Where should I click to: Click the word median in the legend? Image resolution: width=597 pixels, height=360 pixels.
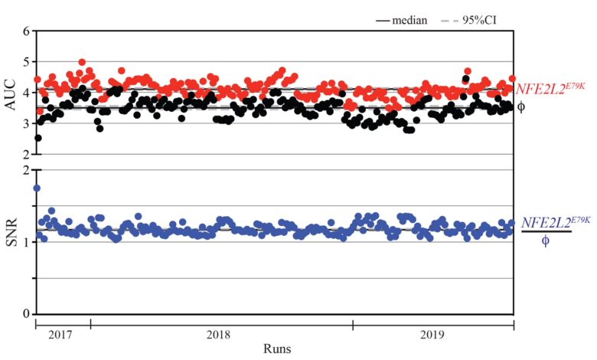(409, 20)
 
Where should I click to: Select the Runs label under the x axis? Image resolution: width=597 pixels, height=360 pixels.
(276, 349)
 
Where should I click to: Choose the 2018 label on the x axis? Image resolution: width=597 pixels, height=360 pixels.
(221, 335)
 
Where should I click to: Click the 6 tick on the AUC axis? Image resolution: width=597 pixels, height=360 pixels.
(26, 31)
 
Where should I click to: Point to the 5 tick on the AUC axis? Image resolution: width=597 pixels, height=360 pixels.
(26, 62)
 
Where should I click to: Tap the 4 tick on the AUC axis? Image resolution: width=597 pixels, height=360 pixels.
(26, 93)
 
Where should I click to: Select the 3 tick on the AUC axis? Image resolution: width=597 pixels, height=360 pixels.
(26, 123)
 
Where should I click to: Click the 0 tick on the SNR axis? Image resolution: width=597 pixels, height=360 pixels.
(26, 314)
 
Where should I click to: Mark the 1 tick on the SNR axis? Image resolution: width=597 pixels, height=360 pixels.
(26, 242)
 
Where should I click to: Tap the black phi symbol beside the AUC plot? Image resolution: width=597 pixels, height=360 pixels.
(521, 106)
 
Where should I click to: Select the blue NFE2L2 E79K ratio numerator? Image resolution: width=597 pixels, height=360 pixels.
(556, 222)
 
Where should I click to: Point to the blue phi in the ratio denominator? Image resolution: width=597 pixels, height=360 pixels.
(546, 241)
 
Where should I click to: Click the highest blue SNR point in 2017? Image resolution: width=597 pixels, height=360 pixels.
(37, 188)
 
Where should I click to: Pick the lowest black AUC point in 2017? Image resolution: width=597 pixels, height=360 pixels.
(38, 138)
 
